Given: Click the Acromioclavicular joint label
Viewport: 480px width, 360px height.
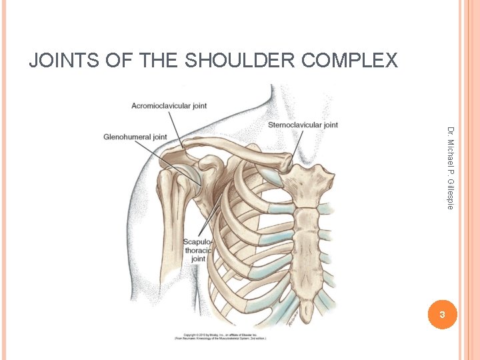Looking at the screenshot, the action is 169,105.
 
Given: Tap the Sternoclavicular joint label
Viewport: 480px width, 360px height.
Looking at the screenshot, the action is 303,125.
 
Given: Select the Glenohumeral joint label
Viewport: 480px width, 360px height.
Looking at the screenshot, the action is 135,137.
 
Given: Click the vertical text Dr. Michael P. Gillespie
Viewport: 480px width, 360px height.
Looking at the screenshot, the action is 450,168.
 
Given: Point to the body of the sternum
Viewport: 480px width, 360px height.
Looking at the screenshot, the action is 309,247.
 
